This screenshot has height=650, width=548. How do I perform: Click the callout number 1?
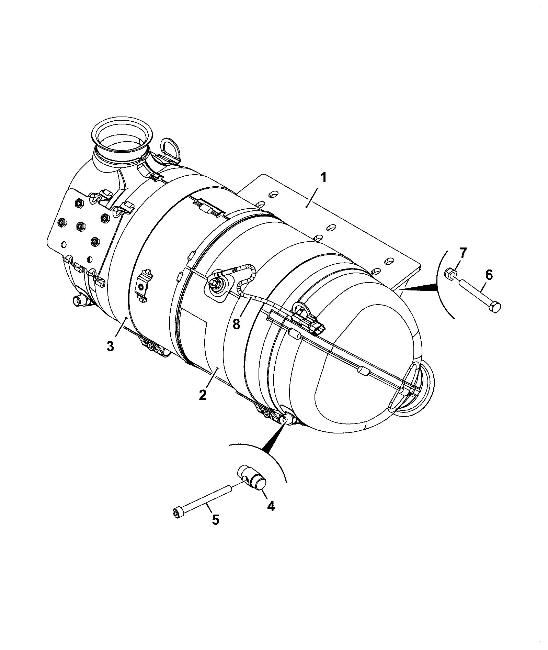[x=323, y=178]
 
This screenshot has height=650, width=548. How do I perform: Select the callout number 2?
[x=203, y=395]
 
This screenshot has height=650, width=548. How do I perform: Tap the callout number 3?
[x=110, y=346]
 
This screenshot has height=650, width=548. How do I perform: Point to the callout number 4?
[x=271, y=506]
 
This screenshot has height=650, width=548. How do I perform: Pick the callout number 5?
[x=215, y=529]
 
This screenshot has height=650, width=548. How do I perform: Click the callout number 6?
[x=489, y=265]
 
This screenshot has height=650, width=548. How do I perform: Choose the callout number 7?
[x=463, y=253]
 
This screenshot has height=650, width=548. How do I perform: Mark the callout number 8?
[x=236, y=324]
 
